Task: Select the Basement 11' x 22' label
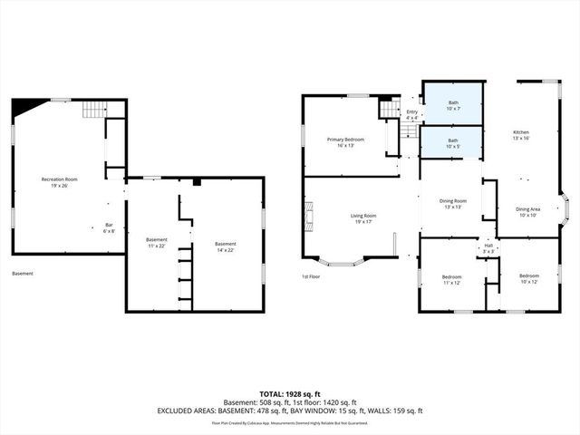tap(158, 244)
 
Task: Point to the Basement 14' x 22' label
tap(225, 246)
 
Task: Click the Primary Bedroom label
tap(345, 141)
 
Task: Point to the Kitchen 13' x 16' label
tap(520, 136)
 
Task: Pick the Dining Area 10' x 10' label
tap(527, 212)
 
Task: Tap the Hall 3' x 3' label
tap(488, 247)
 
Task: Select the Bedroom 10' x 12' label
tap(528, 278)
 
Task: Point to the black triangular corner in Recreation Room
tap(21, 107)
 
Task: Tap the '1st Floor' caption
tap(312, 276)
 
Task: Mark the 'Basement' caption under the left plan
tap(24, 273)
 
